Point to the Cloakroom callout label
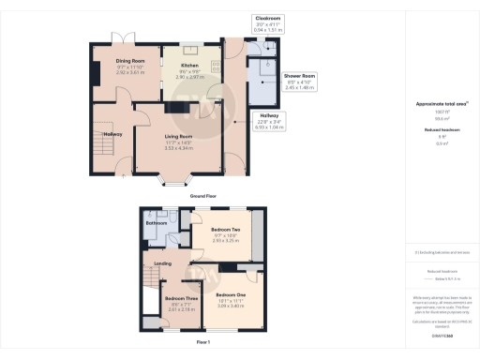(x=267, y=17)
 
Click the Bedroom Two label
(x=225, y=230)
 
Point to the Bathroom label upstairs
(x=156, y=223)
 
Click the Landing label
(x=161, y=263)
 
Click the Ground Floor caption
(x=204, y=197)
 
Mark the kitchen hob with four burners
(x=216, y=66)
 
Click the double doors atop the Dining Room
(x=125, y=38)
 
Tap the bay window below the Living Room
(x=175, y=178)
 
